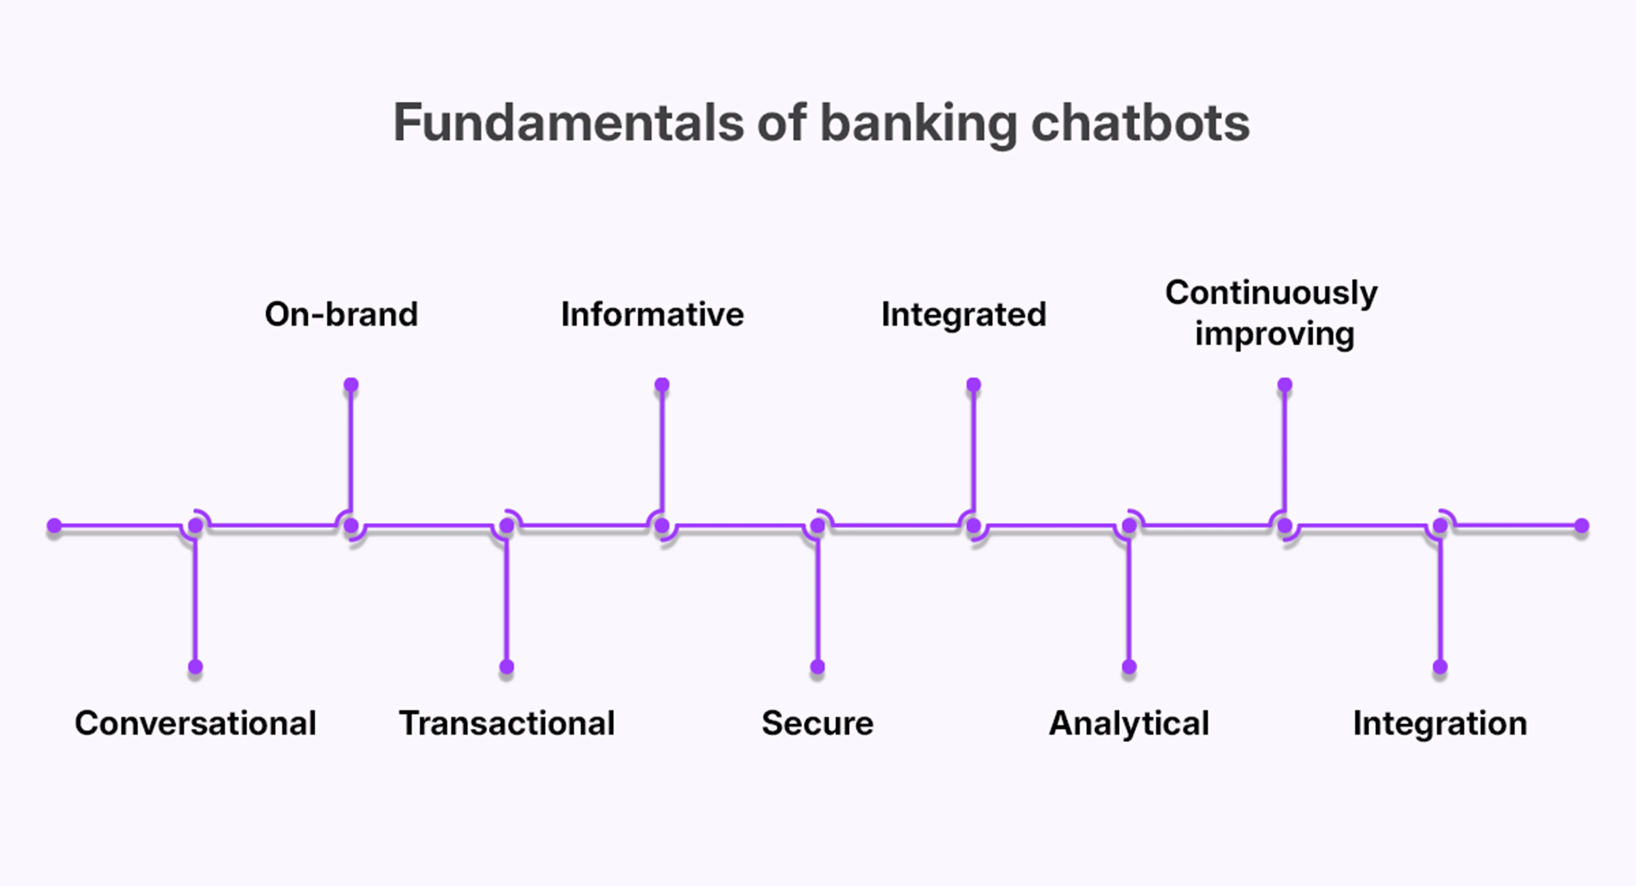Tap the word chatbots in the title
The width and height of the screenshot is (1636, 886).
tap(1140, 123)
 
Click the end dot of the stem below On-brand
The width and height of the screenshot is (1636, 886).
tap(351, 385)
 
